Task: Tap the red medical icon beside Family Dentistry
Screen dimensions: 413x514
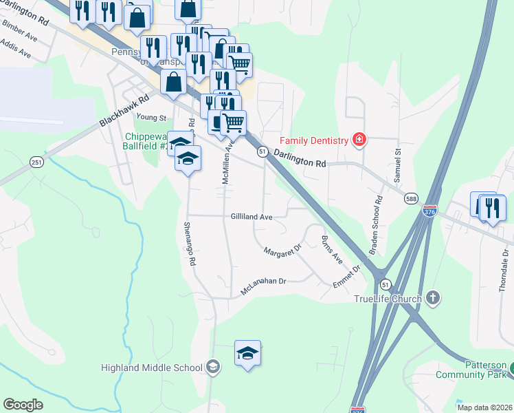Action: [359, 140]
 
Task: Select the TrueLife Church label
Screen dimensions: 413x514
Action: [386, 298]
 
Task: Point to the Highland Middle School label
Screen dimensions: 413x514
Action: [151, 367]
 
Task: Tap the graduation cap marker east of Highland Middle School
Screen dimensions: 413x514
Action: [247, 354]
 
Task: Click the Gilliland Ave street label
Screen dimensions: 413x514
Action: [252, 216]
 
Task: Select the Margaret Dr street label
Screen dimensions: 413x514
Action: [283, 250]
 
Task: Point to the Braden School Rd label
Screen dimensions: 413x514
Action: [375, 226]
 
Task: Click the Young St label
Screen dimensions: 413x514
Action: [151, 118]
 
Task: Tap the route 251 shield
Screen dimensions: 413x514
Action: [36, 161]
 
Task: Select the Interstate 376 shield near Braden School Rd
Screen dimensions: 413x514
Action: [430, 210]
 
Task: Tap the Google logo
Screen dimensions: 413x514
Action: [23, 405]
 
